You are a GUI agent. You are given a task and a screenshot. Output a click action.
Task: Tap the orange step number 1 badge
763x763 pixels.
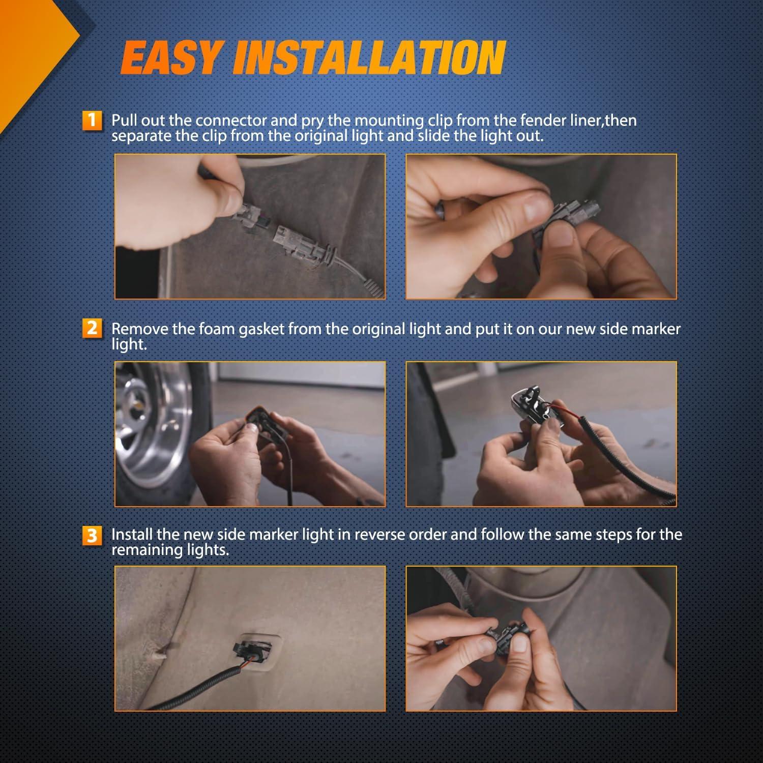pos(92,121)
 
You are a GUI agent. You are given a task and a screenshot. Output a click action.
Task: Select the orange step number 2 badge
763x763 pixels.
pos(92,328)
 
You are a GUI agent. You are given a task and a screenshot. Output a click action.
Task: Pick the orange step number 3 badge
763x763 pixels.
pos(92,536)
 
